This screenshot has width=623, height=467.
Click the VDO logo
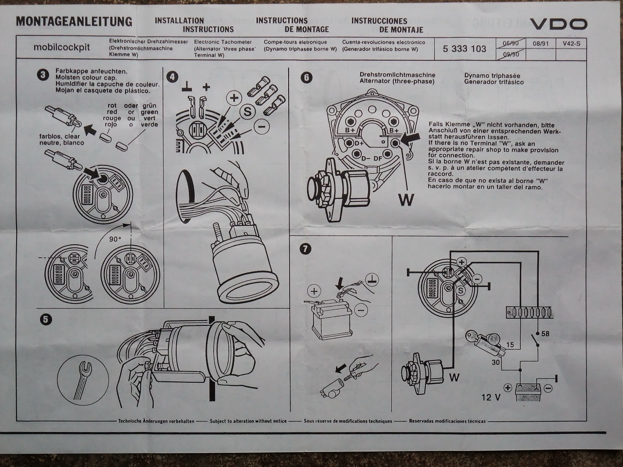(558, 24)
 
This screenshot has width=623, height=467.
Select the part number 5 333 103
(464, 49)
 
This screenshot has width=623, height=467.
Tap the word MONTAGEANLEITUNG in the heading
(74, 21)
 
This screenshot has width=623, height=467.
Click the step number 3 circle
(43, 74)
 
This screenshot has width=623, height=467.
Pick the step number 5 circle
(45, 319)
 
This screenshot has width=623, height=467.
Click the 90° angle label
(114, 239)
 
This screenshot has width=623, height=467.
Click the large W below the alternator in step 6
(406, 199)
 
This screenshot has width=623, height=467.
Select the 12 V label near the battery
(491, 397)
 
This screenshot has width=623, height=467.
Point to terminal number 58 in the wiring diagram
(546, 334)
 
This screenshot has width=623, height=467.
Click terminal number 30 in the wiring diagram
(495, 362)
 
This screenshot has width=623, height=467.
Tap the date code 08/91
(540, 44)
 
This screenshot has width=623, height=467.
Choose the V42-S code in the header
(571, 44)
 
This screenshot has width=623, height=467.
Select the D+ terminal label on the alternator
(359, 144)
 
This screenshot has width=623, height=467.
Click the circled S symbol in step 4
(247, 111)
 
